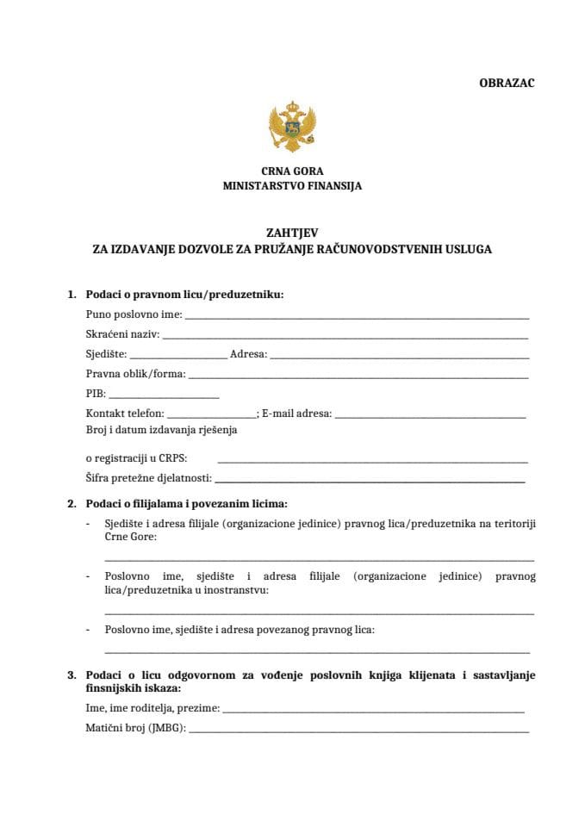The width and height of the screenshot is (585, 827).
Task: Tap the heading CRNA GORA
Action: pos(292,171)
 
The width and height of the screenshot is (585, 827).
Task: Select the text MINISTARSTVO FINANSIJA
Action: pos(292,185)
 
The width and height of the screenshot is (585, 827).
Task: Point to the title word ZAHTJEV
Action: pos(292,233)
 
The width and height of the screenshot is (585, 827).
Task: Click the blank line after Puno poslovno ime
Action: pos(357,317)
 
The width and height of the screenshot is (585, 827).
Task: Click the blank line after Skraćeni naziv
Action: pos(345,337)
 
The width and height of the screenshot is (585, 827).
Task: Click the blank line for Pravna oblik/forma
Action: pos(358,376)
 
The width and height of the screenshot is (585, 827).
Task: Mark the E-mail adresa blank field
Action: pos(430,415)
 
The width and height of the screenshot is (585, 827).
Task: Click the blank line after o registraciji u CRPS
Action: pos(372,461)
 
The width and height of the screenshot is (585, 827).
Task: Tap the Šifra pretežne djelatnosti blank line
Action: pos(370,480)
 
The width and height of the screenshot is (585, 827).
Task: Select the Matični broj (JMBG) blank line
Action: pos(358,731)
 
